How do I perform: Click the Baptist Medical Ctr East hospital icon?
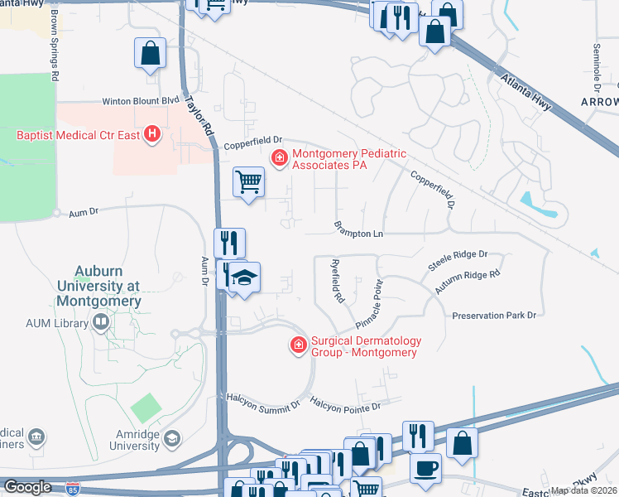click(151, 133)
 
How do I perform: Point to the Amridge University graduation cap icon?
click(172, 437)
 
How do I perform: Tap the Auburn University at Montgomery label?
click(108, 286)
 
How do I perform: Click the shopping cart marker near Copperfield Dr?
click(248, 181)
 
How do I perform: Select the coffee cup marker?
click(425, 468)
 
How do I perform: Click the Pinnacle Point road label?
click(369, 303)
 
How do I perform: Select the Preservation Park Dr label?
click(494, 316)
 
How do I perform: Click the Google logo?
click(27, 487)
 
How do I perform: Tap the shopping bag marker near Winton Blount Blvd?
click(150, 54)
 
